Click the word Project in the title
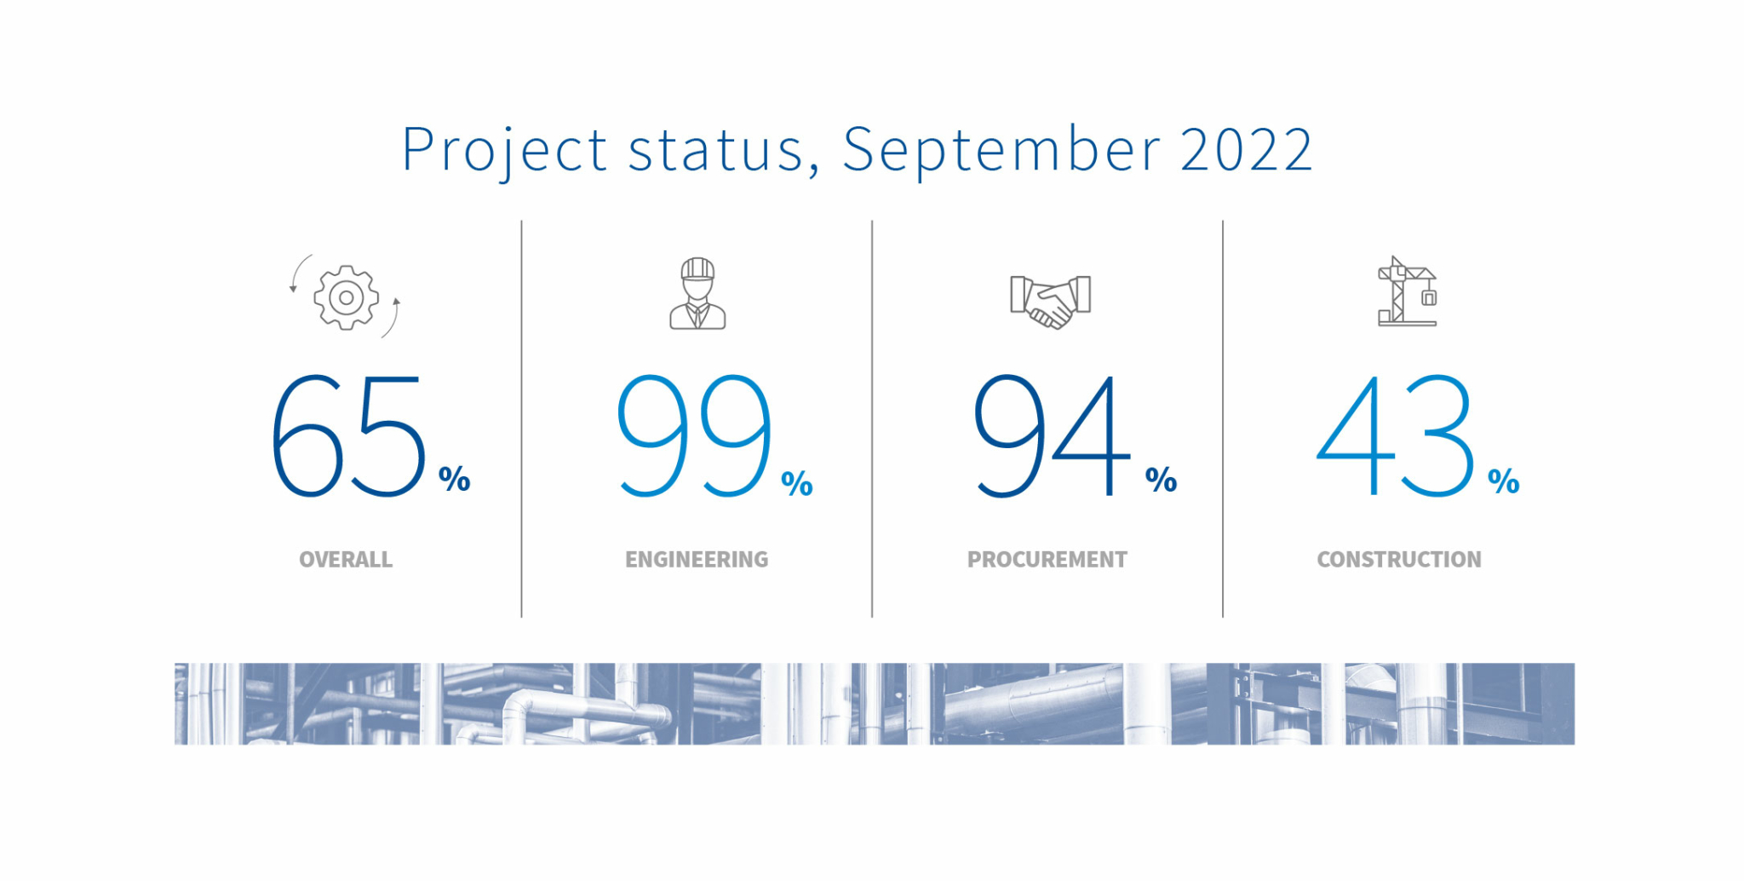pos(503,150)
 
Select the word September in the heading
pos(1001,150)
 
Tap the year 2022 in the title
pos(1246,150)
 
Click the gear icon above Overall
pos(346,297)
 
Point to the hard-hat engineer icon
pos(697,294)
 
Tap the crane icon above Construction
pos(1407,292)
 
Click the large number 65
pos(347,435)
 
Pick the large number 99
pos(694,435)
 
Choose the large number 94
pos(1052,435)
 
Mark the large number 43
pos(1395,435)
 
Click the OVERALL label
pos(346,560)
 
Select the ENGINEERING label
pos(697,560)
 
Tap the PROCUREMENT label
pos(1047,560)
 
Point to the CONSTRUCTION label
pos(1399,560)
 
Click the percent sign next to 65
pos(455,479)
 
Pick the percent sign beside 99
pos(797,483)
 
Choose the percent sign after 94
pos(1161,479)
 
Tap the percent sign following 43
pos(1504,481)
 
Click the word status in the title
pos(715,150)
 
